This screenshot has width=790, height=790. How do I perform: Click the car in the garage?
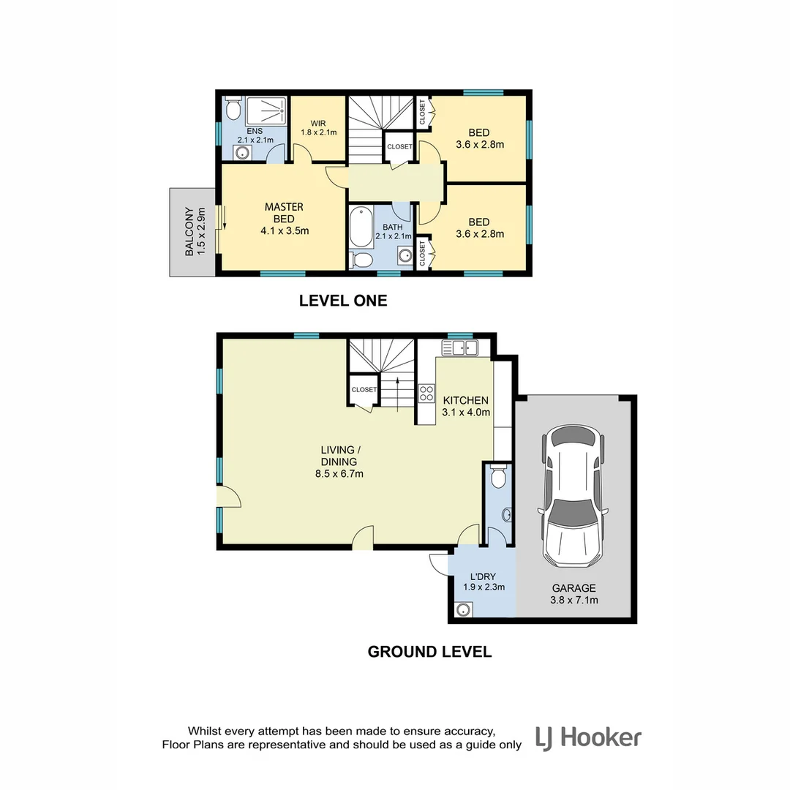click(x=572, y=497)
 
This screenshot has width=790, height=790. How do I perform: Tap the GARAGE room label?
click(x=573, y=587)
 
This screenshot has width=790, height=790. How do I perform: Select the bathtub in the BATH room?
click(x=361, y=227)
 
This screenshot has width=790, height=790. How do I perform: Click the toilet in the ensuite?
click(x=233, y=110)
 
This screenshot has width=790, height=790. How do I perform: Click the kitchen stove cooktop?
click(x=425, y=393)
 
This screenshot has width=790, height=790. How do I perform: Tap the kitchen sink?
click(x=459, y=347)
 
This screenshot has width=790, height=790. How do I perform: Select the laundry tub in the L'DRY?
click(x=462, y=609)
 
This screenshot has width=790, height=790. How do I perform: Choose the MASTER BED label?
click(x=284, y=213)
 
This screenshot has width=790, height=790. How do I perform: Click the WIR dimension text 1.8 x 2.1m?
click(x=318, y=132)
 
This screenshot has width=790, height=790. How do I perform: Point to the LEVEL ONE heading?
click(x=343, y=300)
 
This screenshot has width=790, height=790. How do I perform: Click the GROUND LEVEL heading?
click(x=429, y=651)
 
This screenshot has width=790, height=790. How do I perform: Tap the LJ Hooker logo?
click(x=588, y=737)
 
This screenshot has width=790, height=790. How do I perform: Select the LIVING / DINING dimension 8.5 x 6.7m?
click(x=338, y=473)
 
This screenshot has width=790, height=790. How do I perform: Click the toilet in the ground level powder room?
click(x=499, y=478)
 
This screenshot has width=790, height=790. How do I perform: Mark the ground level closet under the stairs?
click(x=364, y=390)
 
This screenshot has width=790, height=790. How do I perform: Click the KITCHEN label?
click(x=465, y=400)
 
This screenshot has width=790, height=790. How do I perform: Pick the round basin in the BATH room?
click(x=405, y=255)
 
